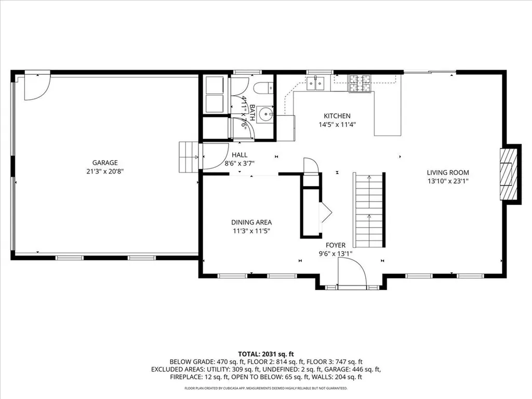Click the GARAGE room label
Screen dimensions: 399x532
105,162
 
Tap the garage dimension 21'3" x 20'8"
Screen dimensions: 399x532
105,171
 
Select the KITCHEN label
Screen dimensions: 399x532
337,116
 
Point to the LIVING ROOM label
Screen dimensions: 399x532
448,172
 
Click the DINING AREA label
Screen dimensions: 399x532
251,222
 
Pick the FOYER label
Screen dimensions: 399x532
336,245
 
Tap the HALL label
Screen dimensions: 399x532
240,155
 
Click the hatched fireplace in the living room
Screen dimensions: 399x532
510,174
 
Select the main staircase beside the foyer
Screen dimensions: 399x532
369,210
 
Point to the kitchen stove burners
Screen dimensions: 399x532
361,83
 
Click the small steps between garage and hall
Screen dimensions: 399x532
189,157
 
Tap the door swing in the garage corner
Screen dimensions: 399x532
36,86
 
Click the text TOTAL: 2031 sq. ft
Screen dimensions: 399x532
265,353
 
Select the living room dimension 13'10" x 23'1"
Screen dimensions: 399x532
448,181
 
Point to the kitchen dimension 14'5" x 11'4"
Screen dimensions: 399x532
337,125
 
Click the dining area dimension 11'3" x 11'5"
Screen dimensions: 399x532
251,231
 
